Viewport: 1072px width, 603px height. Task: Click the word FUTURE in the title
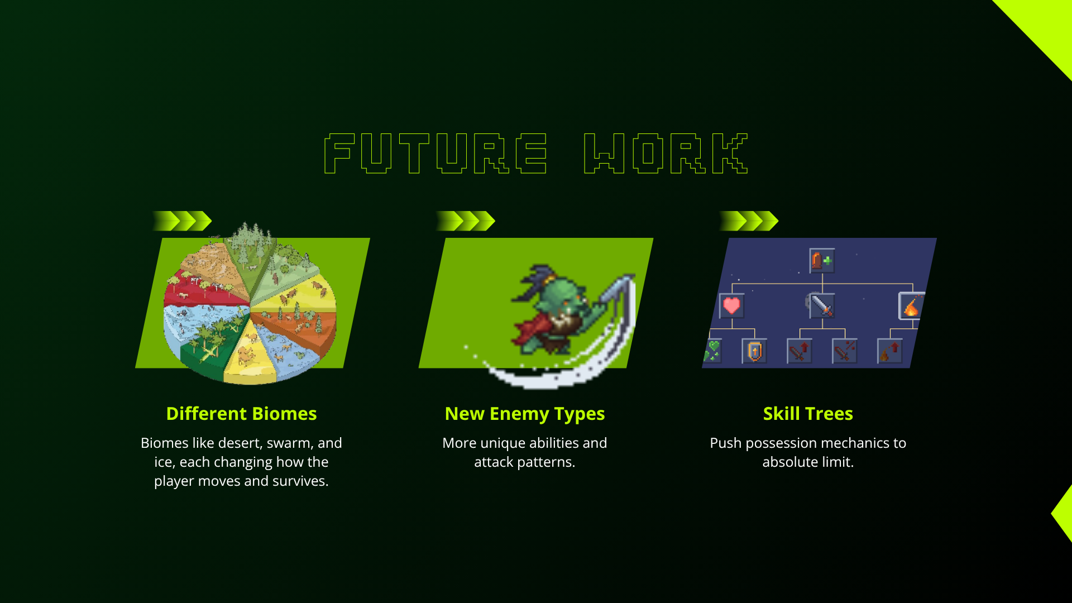pos(435,154)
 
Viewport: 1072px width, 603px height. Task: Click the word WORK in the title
pos(666,154)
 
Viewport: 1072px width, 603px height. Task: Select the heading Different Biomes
pos(241,414)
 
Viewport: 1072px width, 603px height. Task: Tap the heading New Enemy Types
pos(525,414)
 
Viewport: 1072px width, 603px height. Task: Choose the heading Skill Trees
pos(808,414)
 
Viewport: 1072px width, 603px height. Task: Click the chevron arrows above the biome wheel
pos(182,221)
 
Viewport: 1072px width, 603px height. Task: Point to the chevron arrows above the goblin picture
pos(465,221)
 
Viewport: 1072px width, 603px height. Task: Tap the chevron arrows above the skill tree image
pos(749,221)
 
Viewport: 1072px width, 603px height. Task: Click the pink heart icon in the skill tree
pos(731,305)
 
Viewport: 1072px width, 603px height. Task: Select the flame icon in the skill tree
pos(911,307)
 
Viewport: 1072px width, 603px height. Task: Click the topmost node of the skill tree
pos(822,261)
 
